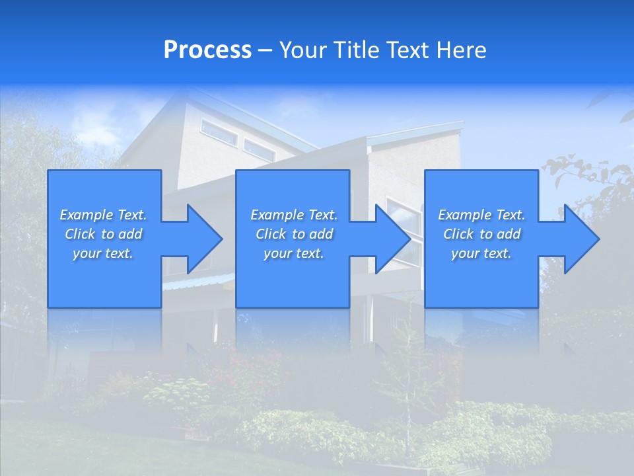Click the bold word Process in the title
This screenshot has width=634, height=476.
coord(207,50)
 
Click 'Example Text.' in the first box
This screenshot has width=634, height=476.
coord(103,215)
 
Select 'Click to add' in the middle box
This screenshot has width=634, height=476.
coord(294,234)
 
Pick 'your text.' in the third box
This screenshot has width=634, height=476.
coord(481,253)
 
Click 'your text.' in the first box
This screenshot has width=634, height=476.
coord(103,253)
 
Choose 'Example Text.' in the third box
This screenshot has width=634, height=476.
coord(481,215)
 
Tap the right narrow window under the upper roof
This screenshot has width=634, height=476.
coord(259,150)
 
